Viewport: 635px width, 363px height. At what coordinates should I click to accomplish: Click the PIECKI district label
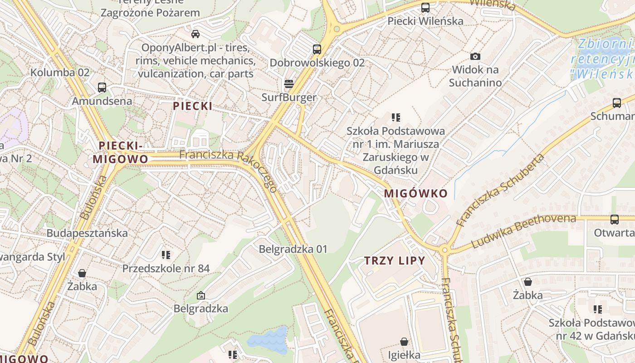[192, 106]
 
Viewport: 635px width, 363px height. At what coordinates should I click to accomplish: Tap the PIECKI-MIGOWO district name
[121, 152]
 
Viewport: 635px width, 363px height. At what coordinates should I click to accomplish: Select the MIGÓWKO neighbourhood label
[415, 193]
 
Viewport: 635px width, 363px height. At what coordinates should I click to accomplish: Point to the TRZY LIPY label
[395, 261]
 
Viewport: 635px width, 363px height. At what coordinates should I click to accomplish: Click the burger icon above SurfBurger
[288, 83]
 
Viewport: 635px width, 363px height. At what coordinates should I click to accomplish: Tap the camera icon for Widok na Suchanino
[475, 57]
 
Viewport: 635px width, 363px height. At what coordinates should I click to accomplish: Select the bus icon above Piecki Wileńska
[425, 7]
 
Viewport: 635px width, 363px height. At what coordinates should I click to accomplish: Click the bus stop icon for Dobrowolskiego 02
[317, 49]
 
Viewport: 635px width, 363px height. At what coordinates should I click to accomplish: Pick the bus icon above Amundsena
[102, 87]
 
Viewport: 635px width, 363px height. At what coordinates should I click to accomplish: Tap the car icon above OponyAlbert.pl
[195, 34]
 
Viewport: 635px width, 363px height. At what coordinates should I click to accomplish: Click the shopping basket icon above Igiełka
[404, 341]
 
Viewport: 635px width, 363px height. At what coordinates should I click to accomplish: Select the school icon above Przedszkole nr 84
[166, 255]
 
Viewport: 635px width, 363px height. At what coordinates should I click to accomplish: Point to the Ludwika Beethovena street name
[523, 231]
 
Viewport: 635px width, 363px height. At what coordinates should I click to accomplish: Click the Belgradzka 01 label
[293, 249]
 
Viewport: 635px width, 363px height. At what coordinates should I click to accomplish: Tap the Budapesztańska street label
[87, 233]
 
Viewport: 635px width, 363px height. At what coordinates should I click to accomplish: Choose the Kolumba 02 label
[60, 72]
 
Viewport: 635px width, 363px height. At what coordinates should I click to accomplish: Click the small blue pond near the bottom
[268, 340]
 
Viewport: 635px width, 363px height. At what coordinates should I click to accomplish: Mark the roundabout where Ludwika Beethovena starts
[444, 250]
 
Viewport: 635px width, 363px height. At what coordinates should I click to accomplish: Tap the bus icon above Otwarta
[614, 220]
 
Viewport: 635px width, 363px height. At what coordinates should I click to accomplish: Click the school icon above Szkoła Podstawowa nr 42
[597, 309]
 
